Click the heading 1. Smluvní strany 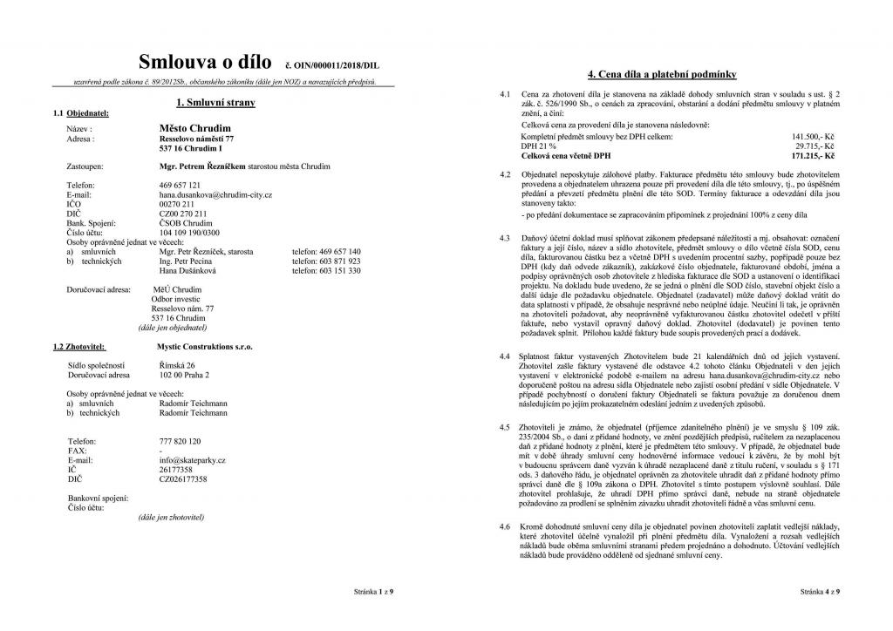coord(214,103)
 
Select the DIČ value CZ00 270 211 coord(184,213)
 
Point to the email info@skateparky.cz coord(194,459)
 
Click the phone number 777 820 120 coord(181,441)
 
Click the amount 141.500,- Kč coord(813,138)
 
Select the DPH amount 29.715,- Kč coord(815,146)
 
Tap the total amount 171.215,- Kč coord(813,156)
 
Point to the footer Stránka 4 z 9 coord(820,592)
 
